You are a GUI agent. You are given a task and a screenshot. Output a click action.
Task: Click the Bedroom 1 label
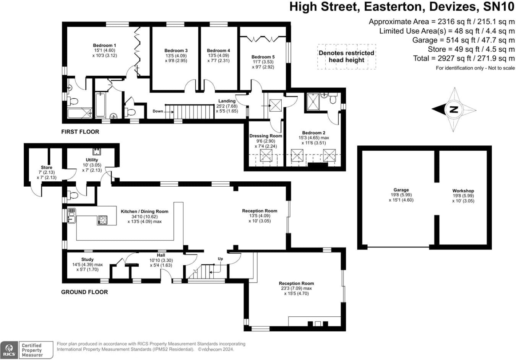tap(104, 46)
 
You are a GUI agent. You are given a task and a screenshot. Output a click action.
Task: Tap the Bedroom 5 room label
tap(263, 57)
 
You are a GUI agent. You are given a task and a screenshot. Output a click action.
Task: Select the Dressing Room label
tap(266, 136)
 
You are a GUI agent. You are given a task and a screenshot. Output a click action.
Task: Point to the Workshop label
tap(463, 191)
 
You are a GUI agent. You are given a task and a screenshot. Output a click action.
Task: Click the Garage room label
tap(401, 190)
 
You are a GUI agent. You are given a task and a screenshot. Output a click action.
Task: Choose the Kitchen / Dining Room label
tap(144, 212)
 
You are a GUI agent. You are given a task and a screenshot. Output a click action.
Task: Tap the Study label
tap(87, 259)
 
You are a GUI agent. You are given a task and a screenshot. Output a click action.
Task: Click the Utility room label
tap(92, 160)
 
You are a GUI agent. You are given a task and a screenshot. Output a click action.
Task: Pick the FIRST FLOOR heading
tap(80, 132)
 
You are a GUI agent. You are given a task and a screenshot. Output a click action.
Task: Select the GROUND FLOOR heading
tap(84, 292)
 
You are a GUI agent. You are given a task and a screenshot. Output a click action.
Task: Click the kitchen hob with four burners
tap(102, 220)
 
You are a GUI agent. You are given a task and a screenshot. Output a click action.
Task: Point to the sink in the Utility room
tap(97, 151)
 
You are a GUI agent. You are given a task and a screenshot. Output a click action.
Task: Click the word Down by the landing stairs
tap(158, 111)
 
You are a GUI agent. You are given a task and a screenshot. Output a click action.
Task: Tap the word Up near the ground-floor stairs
tap(221, 259)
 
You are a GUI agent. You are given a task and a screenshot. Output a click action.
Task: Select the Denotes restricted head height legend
tap(346, 57)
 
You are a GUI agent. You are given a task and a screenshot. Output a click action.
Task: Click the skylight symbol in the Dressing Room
tap(266, 155)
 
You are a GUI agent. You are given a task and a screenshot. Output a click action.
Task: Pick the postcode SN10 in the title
tap(498, 7)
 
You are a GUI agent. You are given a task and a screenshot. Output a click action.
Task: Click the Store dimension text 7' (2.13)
tap(47, 173)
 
